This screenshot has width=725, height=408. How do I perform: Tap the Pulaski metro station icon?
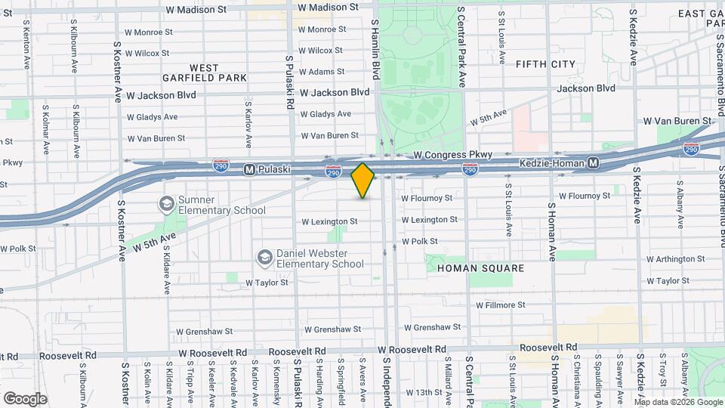click(x=248, y=171)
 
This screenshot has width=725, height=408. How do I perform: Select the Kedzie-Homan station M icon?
click(x=594, y=163)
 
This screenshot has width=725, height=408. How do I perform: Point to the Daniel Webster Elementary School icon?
click(x=264, y=258)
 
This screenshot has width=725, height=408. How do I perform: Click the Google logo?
click(x=24, y=398)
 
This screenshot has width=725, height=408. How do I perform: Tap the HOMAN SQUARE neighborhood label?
click(x=480, y=268)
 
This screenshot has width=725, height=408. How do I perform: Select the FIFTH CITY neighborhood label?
click(x=545, y=64)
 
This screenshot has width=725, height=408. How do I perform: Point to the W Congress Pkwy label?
click(x=453, y=155)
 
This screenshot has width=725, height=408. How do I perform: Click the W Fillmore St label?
click(x=500, y=304)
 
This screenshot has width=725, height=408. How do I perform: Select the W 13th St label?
click(x=423, y=393)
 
